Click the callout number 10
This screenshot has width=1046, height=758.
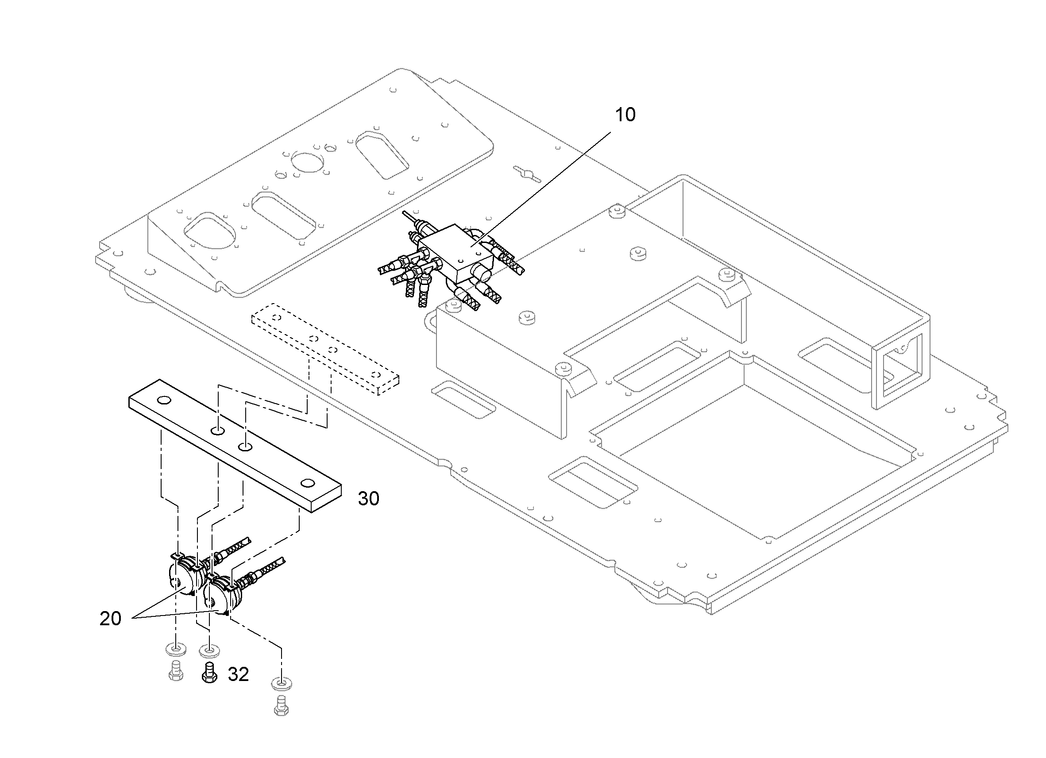click(625, 115)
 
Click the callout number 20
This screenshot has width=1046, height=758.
click(110, 618)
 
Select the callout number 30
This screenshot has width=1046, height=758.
click(368, 498)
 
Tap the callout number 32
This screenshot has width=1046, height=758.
click(238, 674)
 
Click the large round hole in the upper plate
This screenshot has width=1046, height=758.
click(309, 164)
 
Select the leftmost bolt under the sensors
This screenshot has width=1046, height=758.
click(176, 672)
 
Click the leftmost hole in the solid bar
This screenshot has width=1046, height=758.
click(163, 400)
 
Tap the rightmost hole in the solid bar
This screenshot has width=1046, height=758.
click(307, 483)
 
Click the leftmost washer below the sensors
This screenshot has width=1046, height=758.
click(176, 650)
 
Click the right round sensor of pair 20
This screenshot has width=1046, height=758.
click(222, 595)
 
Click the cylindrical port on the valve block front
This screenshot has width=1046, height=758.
click(482, 273)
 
